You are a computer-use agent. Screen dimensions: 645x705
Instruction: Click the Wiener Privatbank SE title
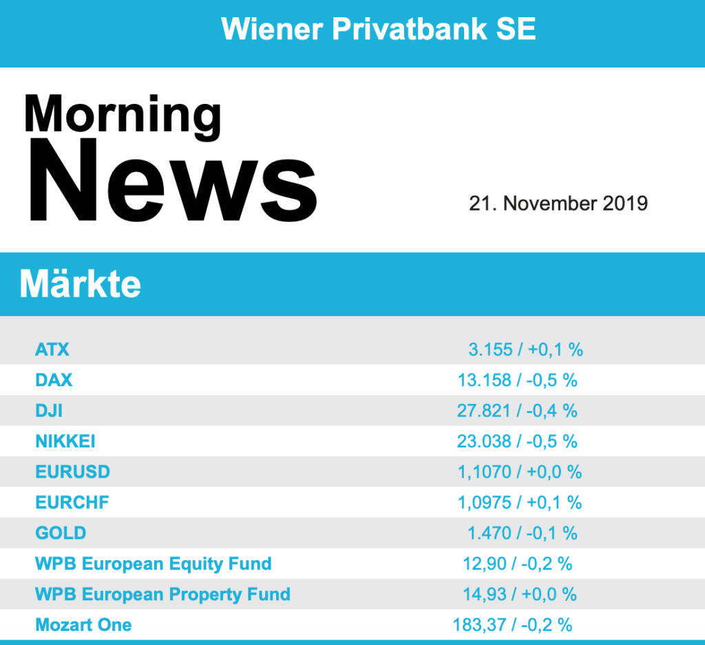[x=379, y=30]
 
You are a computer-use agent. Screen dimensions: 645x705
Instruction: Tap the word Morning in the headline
[x=123, y=115]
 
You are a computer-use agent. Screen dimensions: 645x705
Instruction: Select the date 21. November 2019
[x=558, y=204]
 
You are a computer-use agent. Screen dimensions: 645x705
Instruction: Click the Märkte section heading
[x=81, y=284]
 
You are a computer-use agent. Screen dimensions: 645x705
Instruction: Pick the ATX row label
[x=52, y=350]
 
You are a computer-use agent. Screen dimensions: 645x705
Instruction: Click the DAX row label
[x=54, y=380]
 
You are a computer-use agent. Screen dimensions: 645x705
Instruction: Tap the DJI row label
[x=49, y=411]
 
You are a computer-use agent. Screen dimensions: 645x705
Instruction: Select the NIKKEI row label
[x=65, y=441]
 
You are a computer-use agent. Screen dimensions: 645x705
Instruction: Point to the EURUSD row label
[x=72, y=472]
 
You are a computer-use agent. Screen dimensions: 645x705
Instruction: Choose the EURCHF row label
[x=72, y=503]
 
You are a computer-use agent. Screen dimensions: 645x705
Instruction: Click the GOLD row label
[x=61, y=533]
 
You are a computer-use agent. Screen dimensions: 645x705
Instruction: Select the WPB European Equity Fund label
[x=153, y=564]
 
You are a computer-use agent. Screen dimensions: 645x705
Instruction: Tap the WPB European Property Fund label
[x=162, y=594]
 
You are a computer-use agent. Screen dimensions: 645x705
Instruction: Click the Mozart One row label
[x=83, y=625]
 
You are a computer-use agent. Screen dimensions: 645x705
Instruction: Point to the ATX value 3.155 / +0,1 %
[x=525, y=350]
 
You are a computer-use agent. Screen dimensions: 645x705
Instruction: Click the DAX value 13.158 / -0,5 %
[x=517, y=380]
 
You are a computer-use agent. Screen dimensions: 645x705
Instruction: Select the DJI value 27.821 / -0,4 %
[x=517, y=411]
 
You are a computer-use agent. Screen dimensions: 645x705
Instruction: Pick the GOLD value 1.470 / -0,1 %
[x=523, y=533]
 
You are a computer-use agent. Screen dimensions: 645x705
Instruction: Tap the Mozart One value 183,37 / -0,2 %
[x=512, y=625]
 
